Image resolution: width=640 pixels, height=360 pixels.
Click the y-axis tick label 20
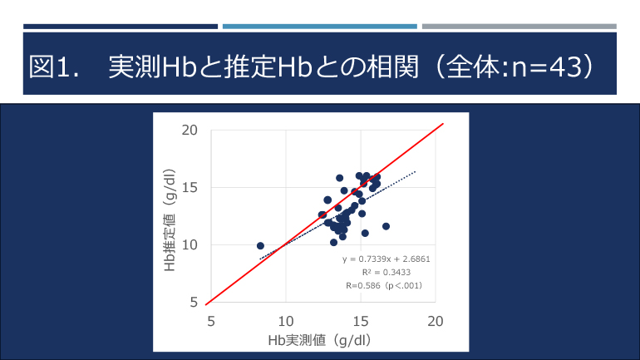coord(190,131)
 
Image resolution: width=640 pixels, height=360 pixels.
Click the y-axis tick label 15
coord(190,188)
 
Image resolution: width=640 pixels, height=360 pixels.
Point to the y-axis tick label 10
coord(190,245)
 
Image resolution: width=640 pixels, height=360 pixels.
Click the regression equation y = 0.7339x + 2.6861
coord(386,259)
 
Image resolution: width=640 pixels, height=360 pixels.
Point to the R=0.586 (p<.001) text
coord(385,285)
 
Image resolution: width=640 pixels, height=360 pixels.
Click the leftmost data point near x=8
coord(260,246)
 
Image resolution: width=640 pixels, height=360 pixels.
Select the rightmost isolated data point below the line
coord(386,226)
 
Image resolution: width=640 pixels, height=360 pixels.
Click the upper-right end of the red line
coord(442,125)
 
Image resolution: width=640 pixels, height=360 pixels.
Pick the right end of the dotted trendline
coord(415,172)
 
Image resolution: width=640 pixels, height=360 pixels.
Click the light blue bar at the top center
coord(319,27)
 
